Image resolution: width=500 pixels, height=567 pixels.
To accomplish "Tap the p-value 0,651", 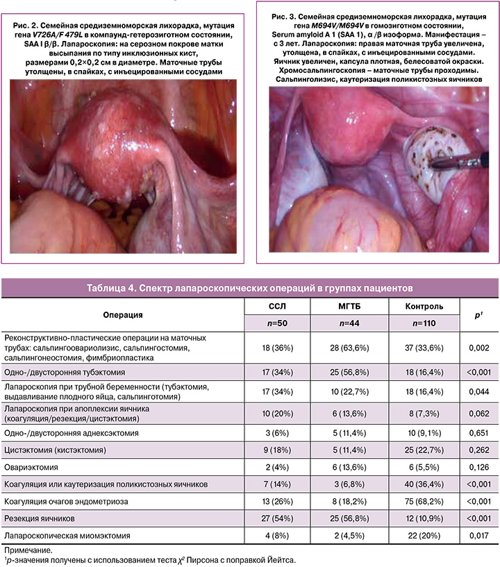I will pos(476,432).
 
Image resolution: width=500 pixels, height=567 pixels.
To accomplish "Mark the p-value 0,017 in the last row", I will pos(476,536).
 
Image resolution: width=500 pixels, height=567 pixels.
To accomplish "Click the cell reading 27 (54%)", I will pos(276,518).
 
